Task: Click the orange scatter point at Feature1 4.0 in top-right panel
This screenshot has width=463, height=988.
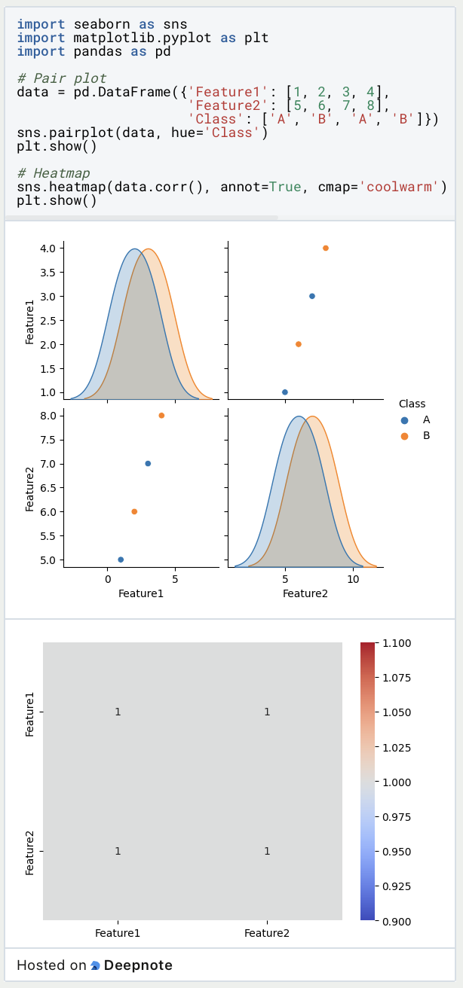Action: point(325,248)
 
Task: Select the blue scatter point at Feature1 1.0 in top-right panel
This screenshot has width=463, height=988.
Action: point(284,392)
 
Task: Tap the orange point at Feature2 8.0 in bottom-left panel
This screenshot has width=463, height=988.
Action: point(161,416)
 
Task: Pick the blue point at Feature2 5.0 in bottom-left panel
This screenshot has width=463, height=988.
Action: point(121,560)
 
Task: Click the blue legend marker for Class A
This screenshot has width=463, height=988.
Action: point(405,420)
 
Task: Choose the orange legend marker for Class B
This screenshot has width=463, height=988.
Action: point(405,436)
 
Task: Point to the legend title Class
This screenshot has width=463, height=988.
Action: point(412,404)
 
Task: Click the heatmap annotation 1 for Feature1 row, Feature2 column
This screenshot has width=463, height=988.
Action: point(267,712)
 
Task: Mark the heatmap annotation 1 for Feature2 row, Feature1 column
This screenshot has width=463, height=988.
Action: point(118,851)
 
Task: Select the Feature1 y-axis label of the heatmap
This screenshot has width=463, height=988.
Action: point(30,712)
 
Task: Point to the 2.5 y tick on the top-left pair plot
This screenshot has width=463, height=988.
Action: point(47,320)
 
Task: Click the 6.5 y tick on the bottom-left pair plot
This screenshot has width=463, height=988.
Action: point(47,488)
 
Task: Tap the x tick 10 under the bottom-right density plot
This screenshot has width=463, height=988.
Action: point(352,580)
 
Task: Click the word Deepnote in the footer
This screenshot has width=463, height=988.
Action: point(138,965)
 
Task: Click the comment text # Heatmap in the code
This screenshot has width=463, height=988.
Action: point(53,173)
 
